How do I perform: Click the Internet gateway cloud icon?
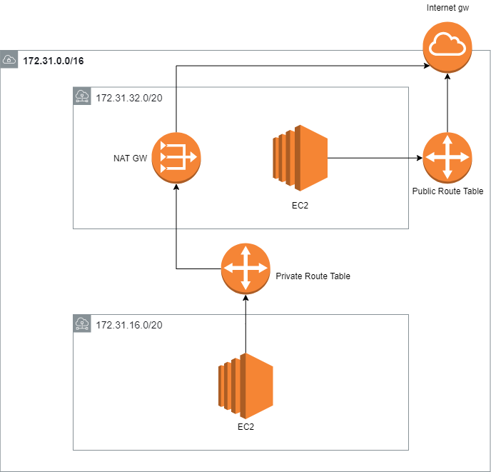[447, 46]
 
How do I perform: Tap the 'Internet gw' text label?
[447, 8]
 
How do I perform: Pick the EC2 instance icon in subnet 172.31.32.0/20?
[299, 158]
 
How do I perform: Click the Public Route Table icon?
[447, 158]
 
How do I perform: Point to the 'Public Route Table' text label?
[447, 191]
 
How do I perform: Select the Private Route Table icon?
[246, 268]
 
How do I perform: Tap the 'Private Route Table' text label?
[313, 276]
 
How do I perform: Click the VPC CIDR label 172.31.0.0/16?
[54, 61]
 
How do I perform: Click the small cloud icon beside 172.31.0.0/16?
[9, 60]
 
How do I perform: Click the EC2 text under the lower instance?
[246, 427]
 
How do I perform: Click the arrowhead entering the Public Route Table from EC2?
[419, 158]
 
